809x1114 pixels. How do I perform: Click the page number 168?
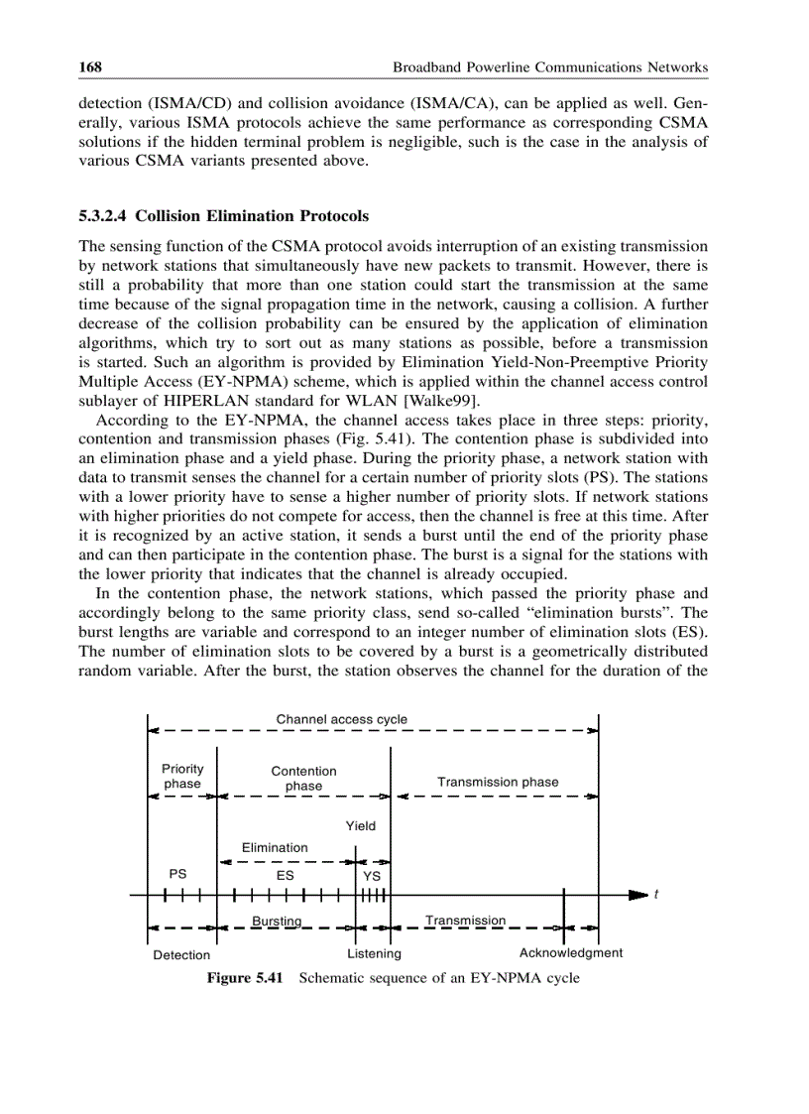tap(91, 67)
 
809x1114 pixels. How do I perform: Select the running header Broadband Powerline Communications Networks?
tap(550, 67)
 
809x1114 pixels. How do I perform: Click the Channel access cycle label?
tap(341, 718)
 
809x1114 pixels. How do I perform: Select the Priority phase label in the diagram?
tap(182, 776)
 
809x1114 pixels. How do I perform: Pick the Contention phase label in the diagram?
tap(303, 778)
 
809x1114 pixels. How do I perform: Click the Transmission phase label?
tap(498, 782)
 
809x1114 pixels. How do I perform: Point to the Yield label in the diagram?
tap(361, 825)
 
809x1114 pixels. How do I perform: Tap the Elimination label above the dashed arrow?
tap(275, 847)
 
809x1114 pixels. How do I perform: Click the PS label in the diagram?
tap(177, 874)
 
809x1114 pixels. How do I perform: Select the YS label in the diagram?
tap(372, 876)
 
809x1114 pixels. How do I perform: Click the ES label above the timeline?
tap(285, 876)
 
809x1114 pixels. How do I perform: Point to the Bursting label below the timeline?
tap(277, 921)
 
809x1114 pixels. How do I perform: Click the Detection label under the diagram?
tap(181, 954)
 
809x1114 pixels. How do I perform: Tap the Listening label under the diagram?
tap(374, 953)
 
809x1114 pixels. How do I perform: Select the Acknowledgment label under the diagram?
tap(571, 952)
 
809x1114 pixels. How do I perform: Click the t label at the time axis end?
tap(655, 895)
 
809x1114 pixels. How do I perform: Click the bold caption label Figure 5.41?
tap(245, 978)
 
